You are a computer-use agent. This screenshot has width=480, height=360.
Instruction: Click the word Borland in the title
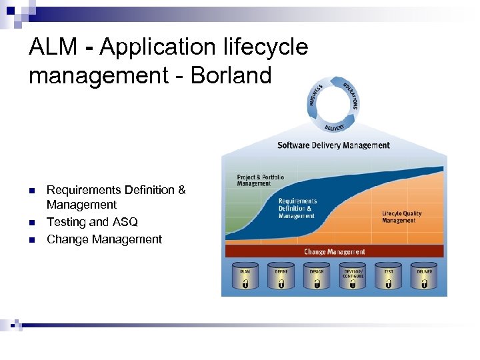tap(231, 75)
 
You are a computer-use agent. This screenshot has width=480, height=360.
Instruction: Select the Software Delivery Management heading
tap(333, 145)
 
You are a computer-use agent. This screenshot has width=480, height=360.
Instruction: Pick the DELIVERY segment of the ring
tap(335, 125)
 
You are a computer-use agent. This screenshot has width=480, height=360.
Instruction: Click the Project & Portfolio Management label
tap(261, 180)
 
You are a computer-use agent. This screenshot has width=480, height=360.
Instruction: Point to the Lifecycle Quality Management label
tap(402, 217)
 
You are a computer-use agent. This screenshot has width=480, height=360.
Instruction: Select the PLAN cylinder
tap(245, 277)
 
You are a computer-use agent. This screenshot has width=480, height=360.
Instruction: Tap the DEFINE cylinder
tap(281, 277)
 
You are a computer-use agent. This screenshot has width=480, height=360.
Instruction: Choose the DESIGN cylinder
tap(317, 277)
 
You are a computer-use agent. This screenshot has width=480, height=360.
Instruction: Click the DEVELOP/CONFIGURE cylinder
tap(353, 277)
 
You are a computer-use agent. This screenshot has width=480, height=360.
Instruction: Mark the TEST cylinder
tap(389, 277)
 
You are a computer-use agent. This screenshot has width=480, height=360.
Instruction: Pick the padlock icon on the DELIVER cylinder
tap(425, 283)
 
